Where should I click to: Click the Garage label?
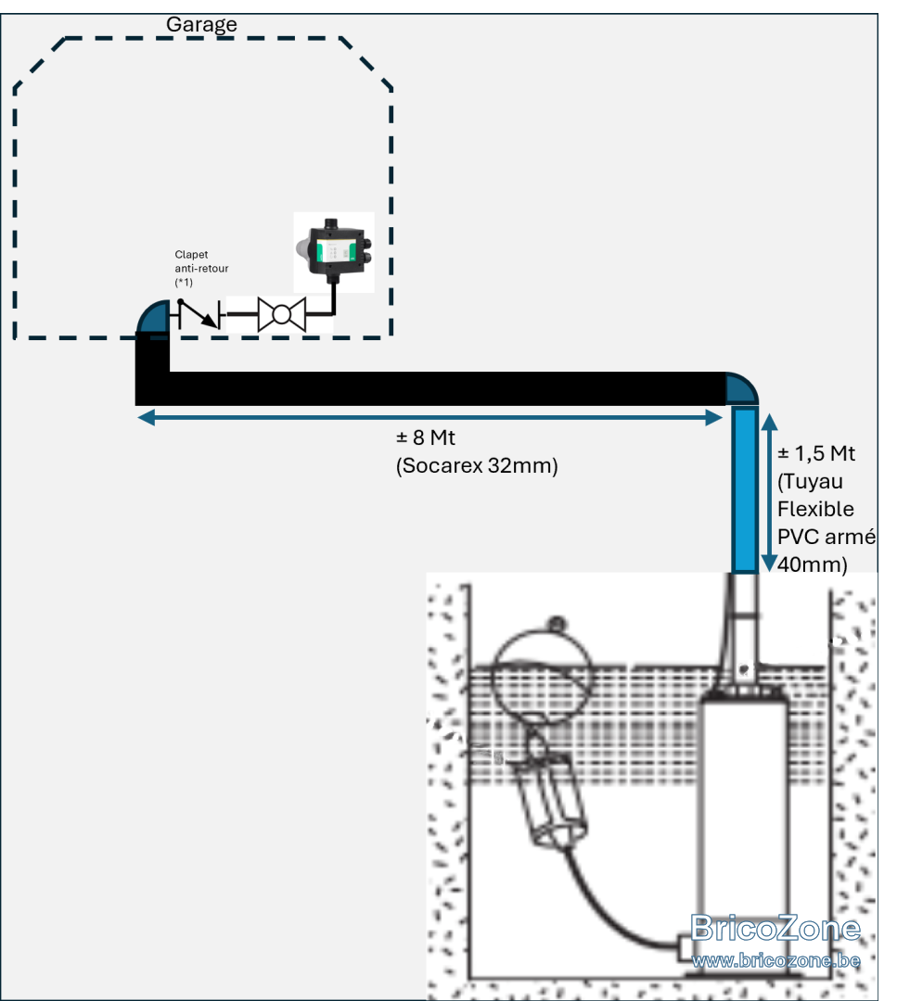pos(201,24)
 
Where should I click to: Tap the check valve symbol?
pos(199,315)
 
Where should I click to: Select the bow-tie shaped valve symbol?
pos(282,315)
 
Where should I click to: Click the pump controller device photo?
pos(334,252)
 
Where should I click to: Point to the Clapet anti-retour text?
pos(201,268)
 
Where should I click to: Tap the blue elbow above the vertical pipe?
pos(740,388)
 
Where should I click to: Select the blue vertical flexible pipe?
pos(745,490)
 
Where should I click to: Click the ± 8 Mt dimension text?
pos(426,437)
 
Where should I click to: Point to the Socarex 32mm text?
pos(477,466)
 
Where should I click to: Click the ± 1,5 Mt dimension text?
pos(816,454)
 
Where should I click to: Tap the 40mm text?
pos(813,564)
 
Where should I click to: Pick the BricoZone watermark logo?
pos(775,928)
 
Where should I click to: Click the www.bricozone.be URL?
pos(775,960)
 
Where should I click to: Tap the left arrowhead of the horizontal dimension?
pos(147,418)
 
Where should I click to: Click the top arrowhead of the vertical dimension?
pos(769,422)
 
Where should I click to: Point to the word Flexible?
pos(815,510)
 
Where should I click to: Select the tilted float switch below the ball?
pos(554,795)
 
